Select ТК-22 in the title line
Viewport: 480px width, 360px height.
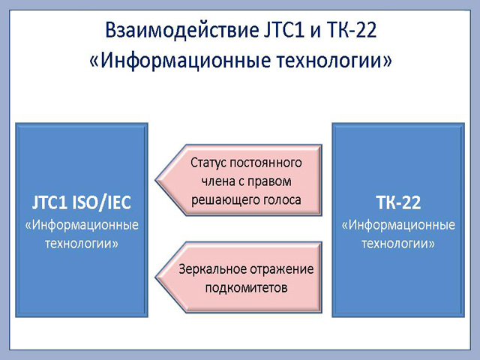point(352,30)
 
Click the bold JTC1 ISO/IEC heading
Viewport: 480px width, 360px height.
point(82,202)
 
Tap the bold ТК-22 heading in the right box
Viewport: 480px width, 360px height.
point(398,202)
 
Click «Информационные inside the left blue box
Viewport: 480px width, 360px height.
point(82,225)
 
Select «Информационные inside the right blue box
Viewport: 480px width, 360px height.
point(398,225)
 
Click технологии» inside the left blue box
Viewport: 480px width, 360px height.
point(82,244)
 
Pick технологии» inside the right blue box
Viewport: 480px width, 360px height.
point(398,244)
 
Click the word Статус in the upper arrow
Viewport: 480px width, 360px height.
point(208,163)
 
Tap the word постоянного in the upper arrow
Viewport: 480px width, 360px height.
point(265,163)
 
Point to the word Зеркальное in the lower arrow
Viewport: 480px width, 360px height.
point(213,270)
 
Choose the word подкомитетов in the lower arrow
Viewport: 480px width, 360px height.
point(247,288)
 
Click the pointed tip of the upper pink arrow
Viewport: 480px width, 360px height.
point(156,180)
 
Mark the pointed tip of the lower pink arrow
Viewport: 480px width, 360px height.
point(156,277)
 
